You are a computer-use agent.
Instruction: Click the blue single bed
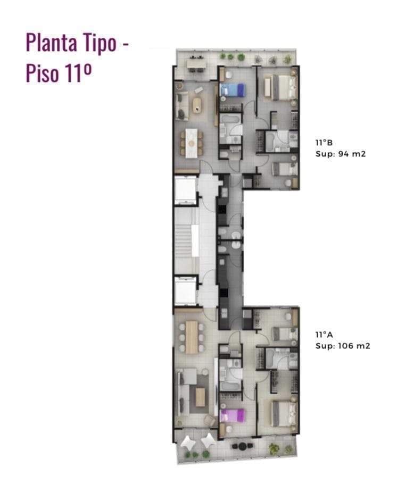233,89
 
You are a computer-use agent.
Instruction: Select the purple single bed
233,415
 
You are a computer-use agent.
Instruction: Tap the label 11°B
324,143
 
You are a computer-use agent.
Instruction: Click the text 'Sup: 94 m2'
341,154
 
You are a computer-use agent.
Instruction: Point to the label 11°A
324,335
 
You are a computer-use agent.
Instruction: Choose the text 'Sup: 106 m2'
343,346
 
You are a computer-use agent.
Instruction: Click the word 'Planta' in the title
52,43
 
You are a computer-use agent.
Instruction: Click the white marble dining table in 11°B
192,143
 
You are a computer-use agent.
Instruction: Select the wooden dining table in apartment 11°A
192,337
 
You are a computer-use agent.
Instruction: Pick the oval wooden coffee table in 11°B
197,105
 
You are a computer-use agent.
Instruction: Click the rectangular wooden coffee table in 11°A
200,397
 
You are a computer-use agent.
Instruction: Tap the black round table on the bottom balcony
243,446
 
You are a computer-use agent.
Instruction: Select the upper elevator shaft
185,190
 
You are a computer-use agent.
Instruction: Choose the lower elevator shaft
185,291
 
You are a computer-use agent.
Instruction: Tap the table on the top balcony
196,64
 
